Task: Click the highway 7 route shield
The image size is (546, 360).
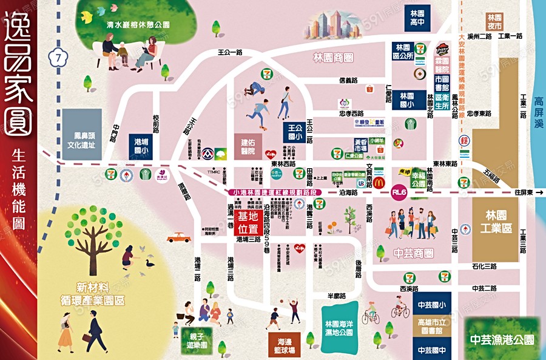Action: (58, 57)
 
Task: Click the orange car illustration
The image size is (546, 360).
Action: (178, 237)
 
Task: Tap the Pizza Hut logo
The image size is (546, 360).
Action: (442, 49)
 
